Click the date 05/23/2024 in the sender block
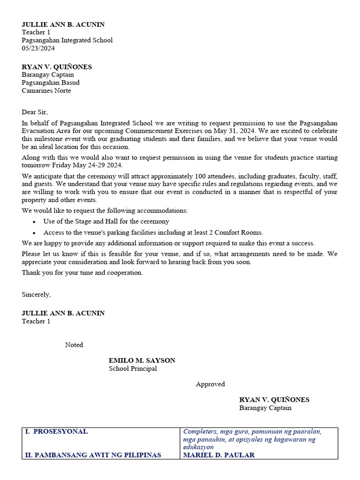point(38,48)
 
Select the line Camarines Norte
point(46,90)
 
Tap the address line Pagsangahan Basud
point(50,82)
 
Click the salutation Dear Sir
point(35,112)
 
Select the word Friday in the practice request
point(66,165)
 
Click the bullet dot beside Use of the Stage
point(34,222)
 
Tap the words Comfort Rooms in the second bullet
point(240,232)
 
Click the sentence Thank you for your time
point(82,272)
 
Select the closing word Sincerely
point(36,294)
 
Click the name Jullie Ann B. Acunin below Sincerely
point(63,313)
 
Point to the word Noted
point(74,345)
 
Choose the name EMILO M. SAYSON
point(142,360)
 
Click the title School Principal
point(133,368)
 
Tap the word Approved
point(210,384)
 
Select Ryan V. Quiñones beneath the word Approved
point(274,400)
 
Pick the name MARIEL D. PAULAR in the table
point(219,455)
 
